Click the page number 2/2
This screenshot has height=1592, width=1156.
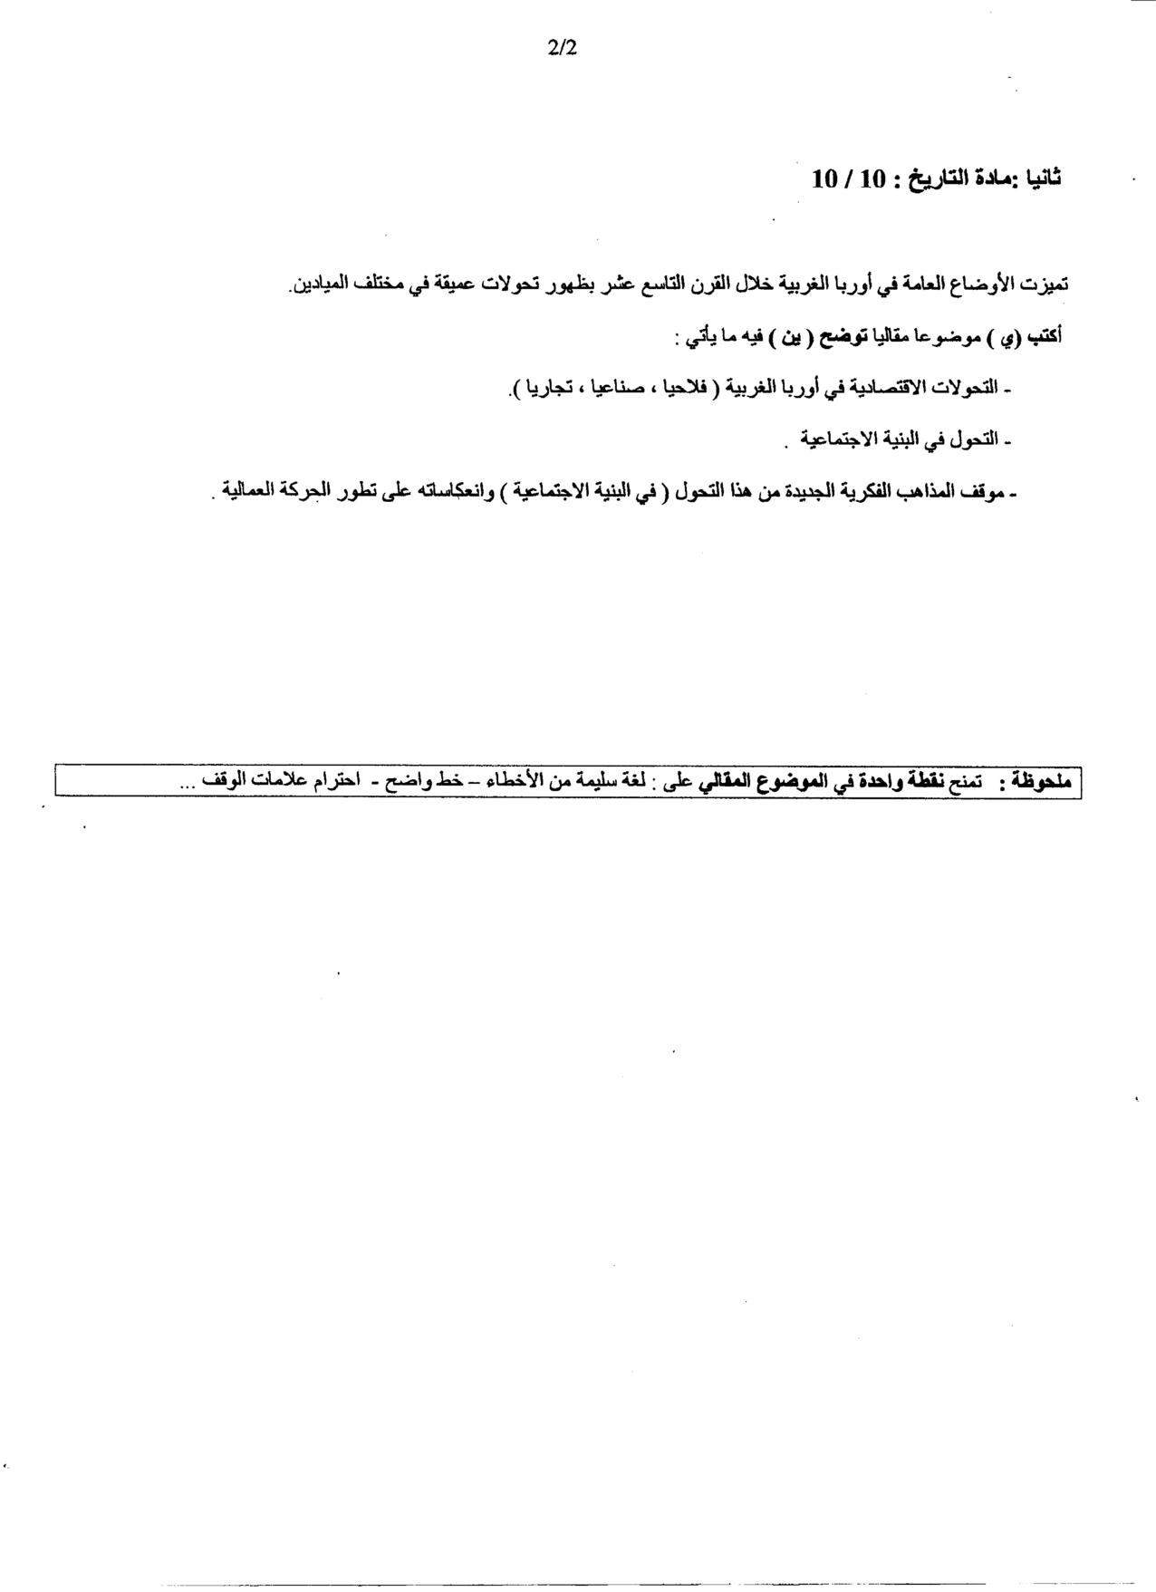click(562, 49)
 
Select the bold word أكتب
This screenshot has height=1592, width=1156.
click(1045, 336)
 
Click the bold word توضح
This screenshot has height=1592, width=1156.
click(841, 337)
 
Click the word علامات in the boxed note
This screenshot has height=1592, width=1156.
click(277, 781)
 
